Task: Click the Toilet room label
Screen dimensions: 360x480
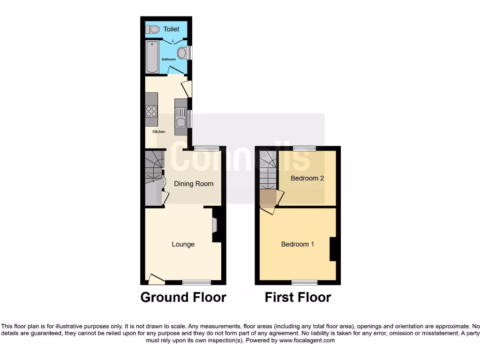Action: [x=171, y=29]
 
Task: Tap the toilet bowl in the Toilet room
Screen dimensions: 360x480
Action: [x=152, y=30]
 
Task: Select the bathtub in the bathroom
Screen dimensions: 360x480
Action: [x=152, y=57]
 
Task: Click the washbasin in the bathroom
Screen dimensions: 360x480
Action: [x=182, y=53]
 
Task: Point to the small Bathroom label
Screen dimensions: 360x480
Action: [x=169, y=60]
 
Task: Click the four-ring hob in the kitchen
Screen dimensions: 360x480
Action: [x=151, y=111]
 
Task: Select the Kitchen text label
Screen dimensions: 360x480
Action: [x=159, y=132]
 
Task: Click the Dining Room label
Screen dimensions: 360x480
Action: [x=194, y=184]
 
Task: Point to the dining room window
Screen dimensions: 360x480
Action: [x=207, y=149]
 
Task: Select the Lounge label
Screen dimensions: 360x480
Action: [x=183, y=244]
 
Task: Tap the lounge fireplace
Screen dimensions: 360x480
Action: [x=215, y=225]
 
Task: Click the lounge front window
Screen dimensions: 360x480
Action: [x=196, y=282]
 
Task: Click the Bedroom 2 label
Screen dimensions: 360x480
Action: [x=307, y=178]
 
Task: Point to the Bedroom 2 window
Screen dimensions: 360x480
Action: [x=304, y=149]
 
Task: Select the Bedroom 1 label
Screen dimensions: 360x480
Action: [x=298, y=244]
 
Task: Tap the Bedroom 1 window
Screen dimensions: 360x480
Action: [x=304, y=282]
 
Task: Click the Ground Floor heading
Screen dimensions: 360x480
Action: [x=183, y=297]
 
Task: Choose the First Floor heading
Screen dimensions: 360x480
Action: [x=298, y=297]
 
